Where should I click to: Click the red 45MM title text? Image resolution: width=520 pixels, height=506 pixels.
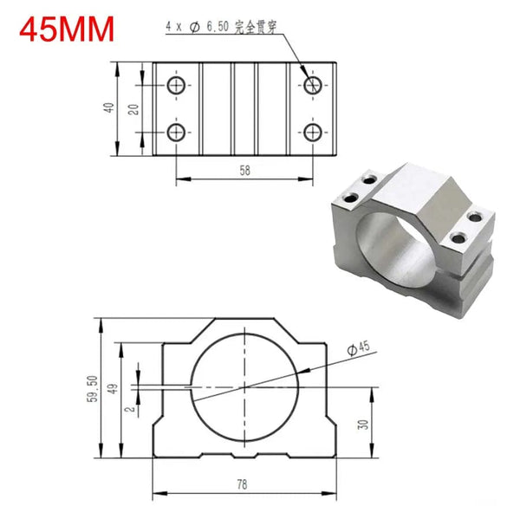coord(67,29)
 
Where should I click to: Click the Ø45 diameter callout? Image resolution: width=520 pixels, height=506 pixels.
coord(357,347)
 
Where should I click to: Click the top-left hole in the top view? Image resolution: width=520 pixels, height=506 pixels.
coord(176,85)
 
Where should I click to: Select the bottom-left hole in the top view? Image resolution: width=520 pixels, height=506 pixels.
coord(176,133)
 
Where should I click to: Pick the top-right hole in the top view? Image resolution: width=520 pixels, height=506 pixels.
coord(312,85)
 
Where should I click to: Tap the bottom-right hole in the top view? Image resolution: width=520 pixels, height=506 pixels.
coord(312,133)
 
